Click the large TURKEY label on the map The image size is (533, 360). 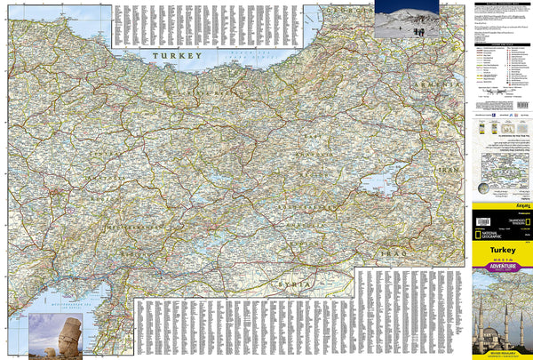pyautogui.click(x=175, y=56)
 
